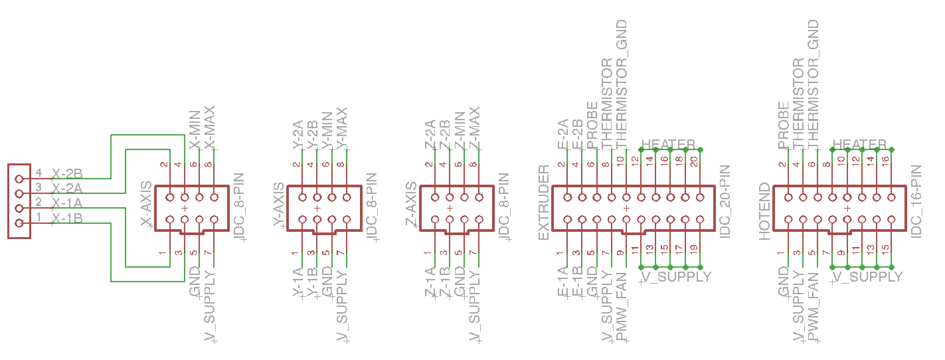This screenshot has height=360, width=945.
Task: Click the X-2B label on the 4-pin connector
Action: pos(67,173)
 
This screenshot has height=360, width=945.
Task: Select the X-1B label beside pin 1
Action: pos(67,218)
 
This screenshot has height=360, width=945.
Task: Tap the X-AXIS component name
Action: pos(146,203)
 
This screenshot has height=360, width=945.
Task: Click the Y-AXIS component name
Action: pos(279,204)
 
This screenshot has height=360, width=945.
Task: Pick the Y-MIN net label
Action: pos(327,131)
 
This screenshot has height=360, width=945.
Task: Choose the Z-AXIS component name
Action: pos(411,204)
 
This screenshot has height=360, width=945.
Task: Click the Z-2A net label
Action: pos(430,134)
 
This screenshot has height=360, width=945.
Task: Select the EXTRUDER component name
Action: pos(543,202)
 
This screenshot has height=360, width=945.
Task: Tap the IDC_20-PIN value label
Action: pos(725,202)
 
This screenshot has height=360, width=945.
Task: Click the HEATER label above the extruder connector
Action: pos(668,144)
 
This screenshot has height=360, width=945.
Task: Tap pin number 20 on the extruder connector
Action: pos(694,162)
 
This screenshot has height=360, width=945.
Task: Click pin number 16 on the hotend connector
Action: pos(885,160)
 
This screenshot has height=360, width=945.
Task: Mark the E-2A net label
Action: pos(562,134)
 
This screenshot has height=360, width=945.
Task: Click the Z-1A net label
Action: pos(430,282)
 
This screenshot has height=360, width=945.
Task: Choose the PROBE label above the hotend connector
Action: pos(783,125)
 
